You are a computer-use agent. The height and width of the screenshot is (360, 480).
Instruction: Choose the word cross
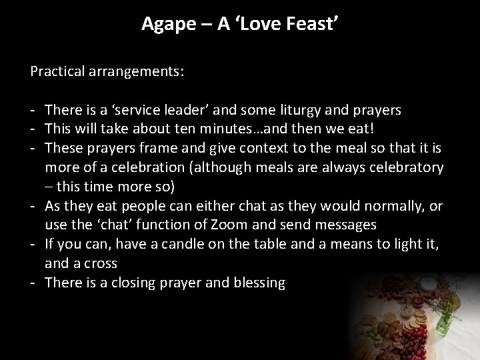click(x=101, y=263)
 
